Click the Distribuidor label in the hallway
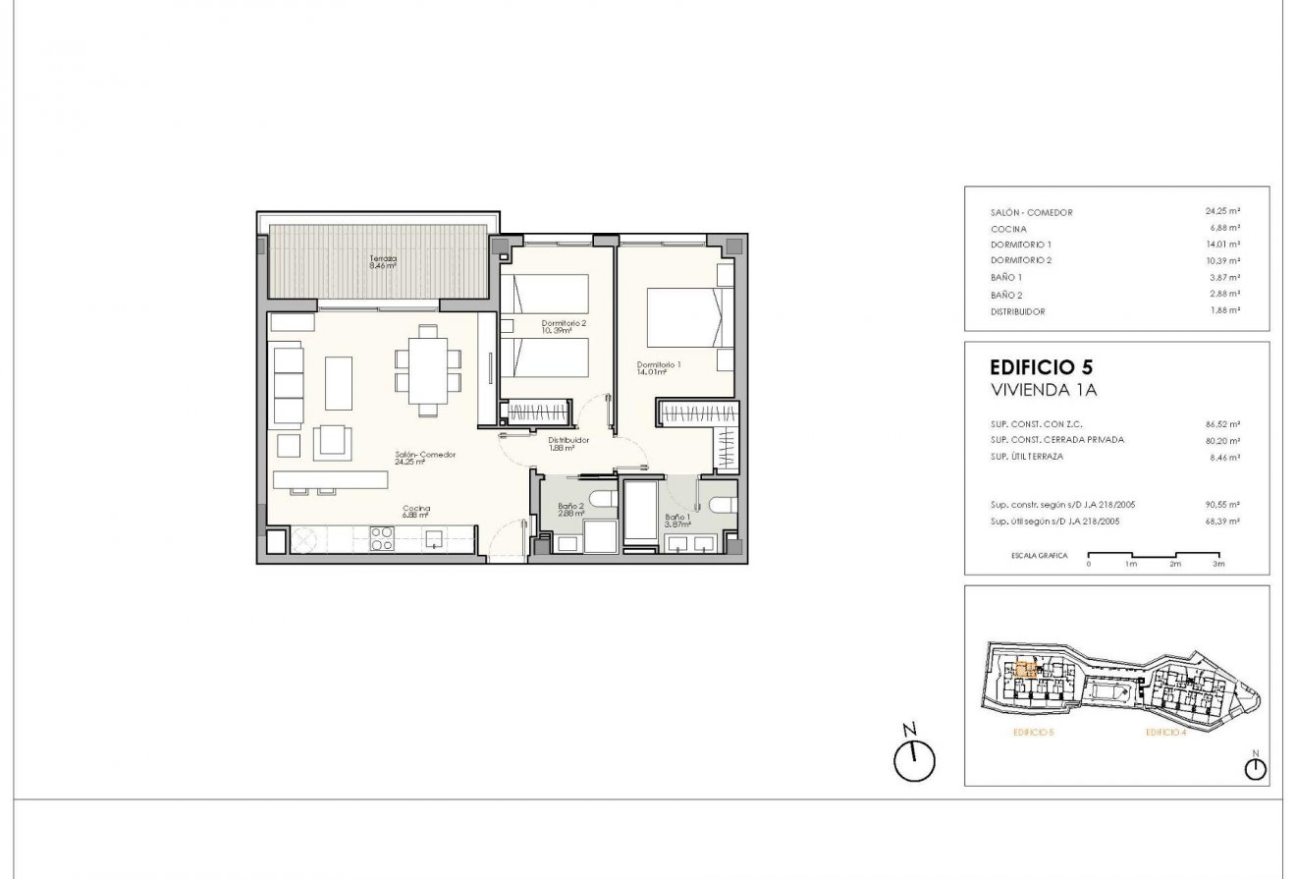coord(567,444)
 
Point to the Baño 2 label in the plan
coord(571,510)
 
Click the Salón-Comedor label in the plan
coord(425,458)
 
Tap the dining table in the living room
coord(428,370)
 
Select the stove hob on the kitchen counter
coord(381,538)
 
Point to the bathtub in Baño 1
coord(642,511)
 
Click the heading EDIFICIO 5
coord(1042,368)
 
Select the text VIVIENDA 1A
coord(1043,390)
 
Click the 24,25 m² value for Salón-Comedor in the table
coord(1222,211)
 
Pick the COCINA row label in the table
coord(1008,229)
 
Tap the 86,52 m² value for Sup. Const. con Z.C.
coord(1222,425)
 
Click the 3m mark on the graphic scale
coord(1218,565)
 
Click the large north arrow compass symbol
coord(915,759)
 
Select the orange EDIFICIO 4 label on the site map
coord(1165,733)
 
